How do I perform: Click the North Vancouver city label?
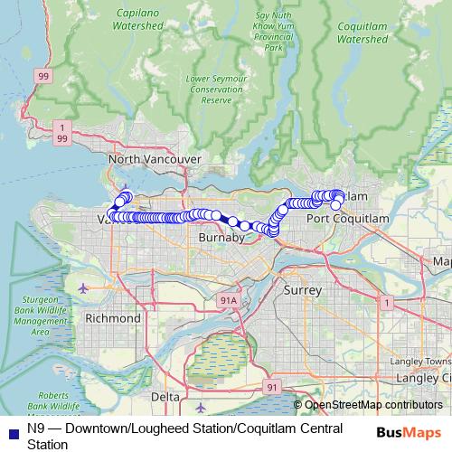click(x=153, y=159)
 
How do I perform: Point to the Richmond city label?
click(x=112, y=318)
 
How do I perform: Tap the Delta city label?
click(x=165, y=397)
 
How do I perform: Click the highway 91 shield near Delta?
click(x=271, y=386)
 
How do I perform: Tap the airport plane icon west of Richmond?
click(x=84, y=288)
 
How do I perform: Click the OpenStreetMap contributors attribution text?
click(x=372, y=405)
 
